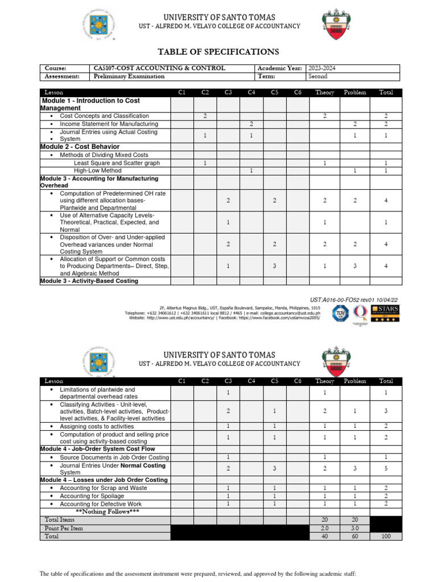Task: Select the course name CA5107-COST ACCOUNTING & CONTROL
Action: point(159,68)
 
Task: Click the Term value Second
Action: point(318,76)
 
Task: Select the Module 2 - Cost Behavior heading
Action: point(80,147)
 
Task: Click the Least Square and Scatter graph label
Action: point(117,163)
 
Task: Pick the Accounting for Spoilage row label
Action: point(94,496)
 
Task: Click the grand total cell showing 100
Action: point(386,536)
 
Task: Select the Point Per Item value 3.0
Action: point(355,528)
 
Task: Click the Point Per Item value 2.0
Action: point(325,528)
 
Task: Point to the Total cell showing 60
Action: point(355,536)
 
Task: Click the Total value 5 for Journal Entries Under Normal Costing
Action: point(386,469)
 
